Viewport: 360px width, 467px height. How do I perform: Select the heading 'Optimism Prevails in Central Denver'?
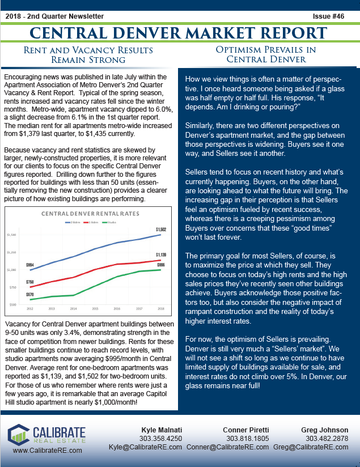265,54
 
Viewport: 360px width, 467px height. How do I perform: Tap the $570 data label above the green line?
30,294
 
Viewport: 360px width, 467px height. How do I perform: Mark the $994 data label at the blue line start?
30,265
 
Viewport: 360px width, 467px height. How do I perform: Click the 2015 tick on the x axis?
95,309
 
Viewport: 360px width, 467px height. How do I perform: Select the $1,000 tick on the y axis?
12,270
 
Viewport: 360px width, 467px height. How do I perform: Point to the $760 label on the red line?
30,282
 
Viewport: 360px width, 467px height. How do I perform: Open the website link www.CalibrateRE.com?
47,450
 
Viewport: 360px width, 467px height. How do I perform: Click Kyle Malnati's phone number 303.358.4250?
163,439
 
